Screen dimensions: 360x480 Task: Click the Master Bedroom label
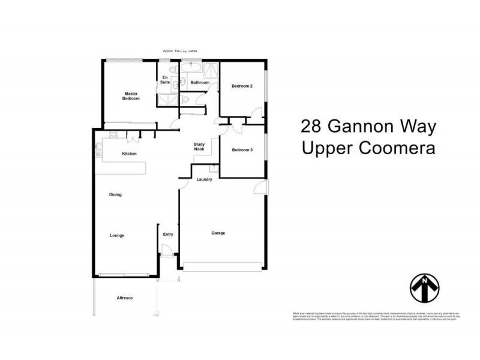pos(131,96)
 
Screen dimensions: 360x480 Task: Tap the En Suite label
pos(164,80)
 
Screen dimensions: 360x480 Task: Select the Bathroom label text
pos(200,82)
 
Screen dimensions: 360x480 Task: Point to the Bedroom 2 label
pos(242,86)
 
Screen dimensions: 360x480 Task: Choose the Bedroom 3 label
pos(242,149)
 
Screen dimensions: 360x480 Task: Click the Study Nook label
pos(200,148)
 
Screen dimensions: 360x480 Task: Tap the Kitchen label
pos(130,154)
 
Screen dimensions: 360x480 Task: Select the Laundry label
pos(204,179)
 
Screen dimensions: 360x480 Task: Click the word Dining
pos(115,194)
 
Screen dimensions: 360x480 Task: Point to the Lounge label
pos(117,235)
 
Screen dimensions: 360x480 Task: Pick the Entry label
pos(168,234)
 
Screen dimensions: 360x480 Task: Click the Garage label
pos(218,233)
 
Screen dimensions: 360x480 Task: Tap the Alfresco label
pos(124,298)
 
